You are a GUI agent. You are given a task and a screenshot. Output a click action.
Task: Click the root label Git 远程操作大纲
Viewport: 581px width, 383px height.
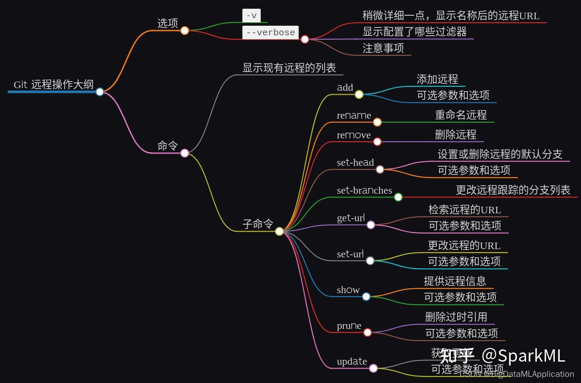pos(53,85)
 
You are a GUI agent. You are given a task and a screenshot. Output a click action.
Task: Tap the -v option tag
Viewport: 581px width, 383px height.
pos(251,16)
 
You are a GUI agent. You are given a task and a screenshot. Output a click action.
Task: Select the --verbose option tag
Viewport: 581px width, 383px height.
pos(270,33)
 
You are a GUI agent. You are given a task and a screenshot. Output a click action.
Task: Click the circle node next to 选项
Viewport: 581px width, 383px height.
pos(185,30)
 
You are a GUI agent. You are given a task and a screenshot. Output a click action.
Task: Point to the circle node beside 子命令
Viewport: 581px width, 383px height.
pos(280,231)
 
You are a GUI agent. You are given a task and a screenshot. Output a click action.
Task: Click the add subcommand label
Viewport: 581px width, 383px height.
pos(345,87)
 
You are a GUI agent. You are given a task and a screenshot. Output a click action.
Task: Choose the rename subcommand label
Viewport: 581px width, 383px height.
pos(354,116)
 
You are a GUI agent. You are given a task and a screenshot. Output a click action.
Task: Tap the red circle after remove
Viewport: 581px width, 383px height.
pos(377,142)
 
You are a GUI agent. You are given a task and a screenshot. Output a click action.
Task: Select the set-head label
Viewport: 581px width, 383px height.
pos(355,163)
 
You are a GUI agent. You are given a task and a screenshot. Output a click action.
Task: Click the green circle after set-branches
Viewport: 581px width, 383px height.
pos(398,197)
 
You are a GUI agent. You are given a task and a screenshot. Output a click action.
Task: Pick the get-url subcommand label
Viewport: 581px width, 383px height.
pos(350,218)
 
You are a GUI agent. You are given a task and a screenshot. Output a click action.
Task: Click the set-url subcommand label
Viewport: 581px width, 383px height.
pos(350,254)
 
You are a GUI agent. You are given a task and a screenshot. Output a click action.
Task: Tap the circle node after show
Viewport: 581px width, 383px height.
pos(366,297)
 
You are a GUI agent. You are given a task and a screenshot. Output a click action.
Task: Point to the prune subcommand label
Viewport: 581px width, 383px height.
pos(349,326)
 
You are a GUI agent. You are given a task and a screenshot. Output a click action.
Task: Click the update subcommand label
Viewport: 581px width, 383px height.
pos(352,362)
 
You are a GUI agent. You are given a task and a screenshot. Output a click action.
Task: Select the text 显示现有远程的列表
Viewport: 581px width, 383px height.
pos(289,68)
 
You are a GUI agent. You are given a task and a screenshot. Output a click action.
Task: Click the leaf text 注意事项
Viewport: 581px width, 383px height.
pos(383,48)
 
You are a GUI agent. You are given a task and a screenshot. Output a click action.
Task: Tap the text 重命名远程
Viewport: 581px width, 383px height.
pos(460,115)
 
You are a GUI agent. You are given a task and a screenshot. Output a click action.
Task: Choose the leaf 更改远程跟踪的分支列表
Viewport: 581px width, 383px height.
pos(513,190)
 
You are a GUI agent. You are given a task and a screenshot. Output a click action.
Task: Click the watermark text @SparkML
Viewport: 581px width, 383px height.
pos(523,356)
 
